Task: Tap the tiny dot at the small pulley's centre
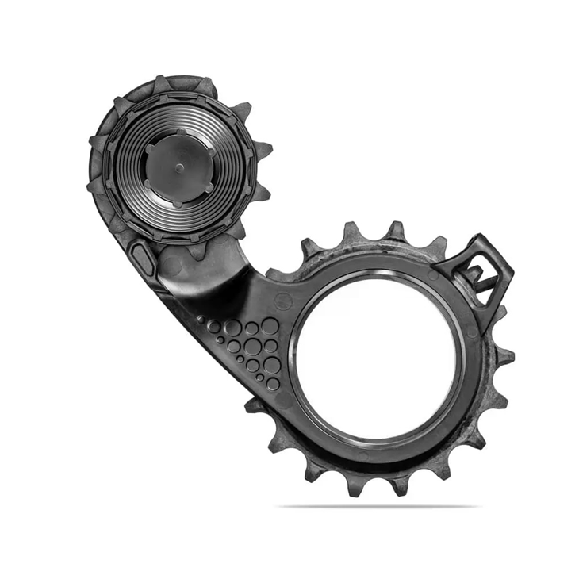pyautogui.click(x=178, y=167)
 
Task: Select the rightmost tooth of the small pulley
pyautogui.click(x=265, y=149)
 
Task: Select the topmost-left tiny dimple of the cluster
pyautogui.click(x=200, y=319)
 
